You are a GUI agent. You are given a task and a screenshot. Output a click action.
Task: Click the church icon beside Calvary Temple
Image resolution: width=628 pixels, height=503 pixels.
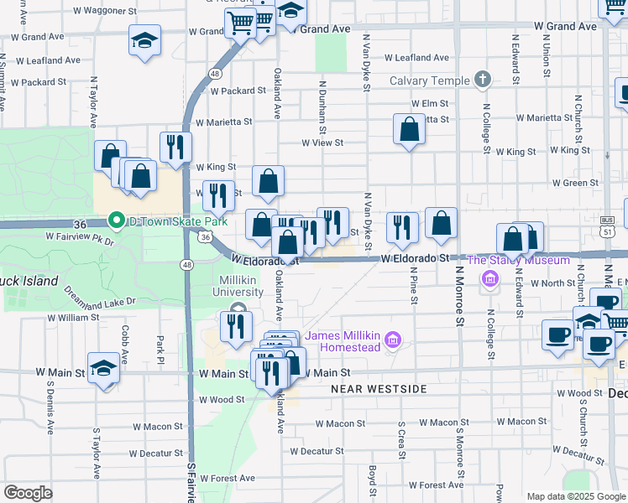click(482, 80)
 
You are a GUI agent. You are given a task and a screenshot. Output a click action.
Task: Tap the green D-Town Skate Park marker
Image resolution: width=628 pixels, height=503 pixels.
click(116, 222)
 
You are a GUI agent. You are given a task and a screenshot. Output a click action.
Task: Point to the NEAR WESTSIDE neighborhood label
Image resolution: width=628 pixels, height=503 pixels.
click(379, 389)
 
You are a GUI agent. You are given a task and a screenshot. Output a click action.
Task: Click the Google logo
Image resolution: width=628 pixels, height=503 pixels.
click(28, 493)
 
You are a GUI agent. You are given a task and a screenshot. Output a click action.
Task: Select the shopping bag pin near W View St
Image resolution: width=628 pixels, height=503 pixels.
click(409, 130)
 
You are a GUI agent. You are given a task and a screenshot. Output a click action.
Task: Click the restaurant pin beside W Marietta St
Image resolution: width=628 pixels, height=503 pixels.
click(175, 147)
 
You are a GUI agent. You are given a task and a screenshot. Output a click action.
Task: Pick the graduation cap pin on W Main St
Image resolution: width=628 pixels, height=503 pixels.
click(104, 370)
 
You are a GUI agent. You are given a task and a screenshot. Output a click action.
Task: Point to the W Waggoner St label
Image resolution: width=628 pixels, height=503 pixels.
click(105, 12)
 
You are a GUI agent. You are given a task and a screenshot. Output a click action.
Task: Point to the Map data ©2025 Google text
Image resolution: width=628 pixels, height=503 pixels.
click(575, 496)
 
